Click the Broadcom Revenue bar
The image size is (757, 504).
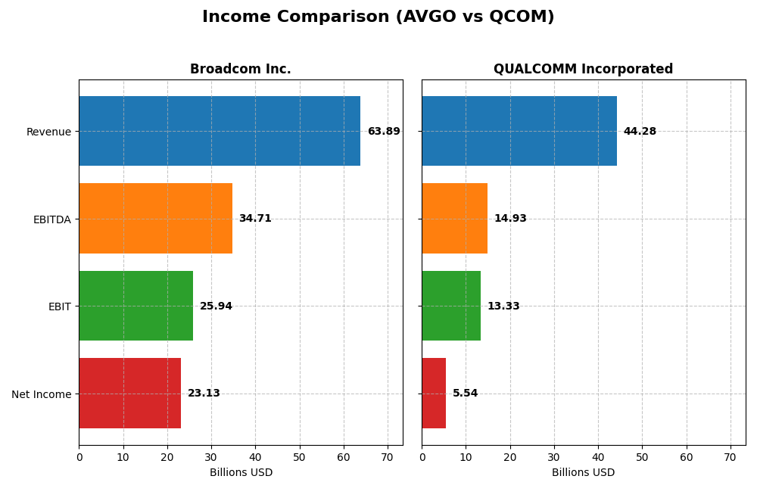(220, 131)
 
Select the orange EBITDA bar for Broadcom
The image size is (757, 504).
(155, 219)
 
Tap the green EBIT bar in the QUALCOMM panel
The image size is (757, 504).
(451, 306)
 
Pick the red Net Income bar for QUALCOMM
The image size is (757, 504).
(434, 394)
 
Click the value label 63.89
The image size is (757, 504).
(384, 132)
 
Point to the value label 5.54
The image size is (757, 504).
(466, 394)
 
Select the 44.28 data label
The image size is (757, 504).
(640, 132)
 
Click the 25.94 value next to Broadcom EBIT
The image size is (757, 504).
(216, 306)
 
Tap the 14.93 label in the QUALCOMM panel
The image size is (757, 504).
(510, 219)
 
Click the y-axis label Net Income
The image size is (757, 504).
(41, 394)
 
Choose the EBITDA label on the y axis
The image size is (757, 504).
(51, 219)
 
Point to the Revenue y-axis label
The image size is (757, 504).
(48, 132)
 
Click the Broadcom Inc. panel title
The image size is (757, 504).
(240, 70)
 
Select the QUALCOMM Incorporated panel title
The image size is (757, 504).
(583, 70)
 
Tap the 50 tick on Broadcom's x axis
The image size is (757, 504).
(299, 457)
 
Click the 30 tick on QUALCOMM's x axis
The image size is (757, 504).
(554, 457)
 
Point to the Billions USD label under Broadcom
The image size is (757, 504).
(241, 472)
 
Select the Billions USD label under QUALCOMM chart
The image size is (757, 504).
(583, 472)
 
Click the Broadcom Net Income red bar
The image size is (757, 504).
(129, 394)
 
